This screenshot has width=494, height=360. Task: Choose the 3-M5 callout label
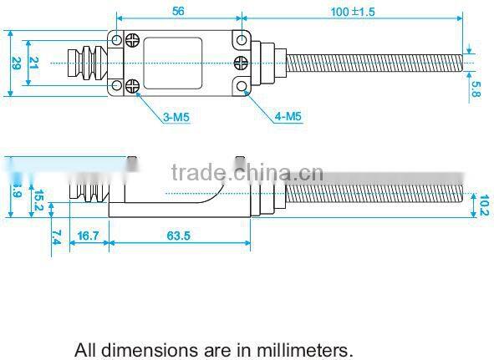[x=176, y=117]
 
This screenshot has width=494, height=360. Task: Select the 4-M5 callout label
[x=288, y=117]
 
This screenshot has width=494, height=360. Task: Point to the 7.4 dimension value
[x=55, y=236]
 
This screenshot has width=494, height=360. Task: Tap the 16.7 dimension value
[x=88, y=236]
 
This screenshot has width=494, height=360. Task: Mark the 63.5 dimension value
[x=179, y=236]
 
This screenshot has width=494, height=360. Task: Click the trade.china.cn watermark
[x=247, y=173]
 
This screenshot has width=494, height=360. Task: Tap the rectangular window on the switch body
[x=174, y=63]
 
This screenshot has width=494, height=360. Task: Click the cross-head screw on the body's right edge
[x=241, y=62]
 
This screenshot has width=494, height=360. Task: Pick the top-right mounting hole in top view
[x=242, y=39]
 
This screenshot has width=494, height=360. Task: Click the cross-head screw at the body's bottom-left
[x=132, y=84]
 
